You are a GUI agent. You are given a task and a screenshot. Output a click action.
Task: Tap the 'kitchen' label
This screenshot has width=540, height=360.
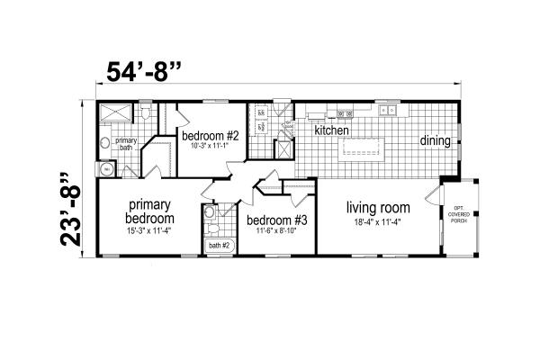tap(331, 130)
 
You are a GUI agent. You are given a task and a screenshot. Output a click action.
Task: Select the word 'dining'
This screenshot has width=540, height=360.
tap(436, 140)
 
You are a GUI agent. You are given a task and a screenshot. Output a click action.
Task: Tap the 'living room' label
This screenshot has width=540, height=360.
tap(379, 207)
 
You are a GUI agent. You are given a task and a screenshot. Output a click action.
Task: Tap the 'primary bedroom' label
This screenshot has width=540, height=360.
tap(149, 210)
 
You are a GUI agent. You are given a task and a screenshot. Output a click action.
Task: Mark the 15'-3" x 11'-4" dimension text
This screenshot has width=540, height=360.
tap(149, 230)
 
